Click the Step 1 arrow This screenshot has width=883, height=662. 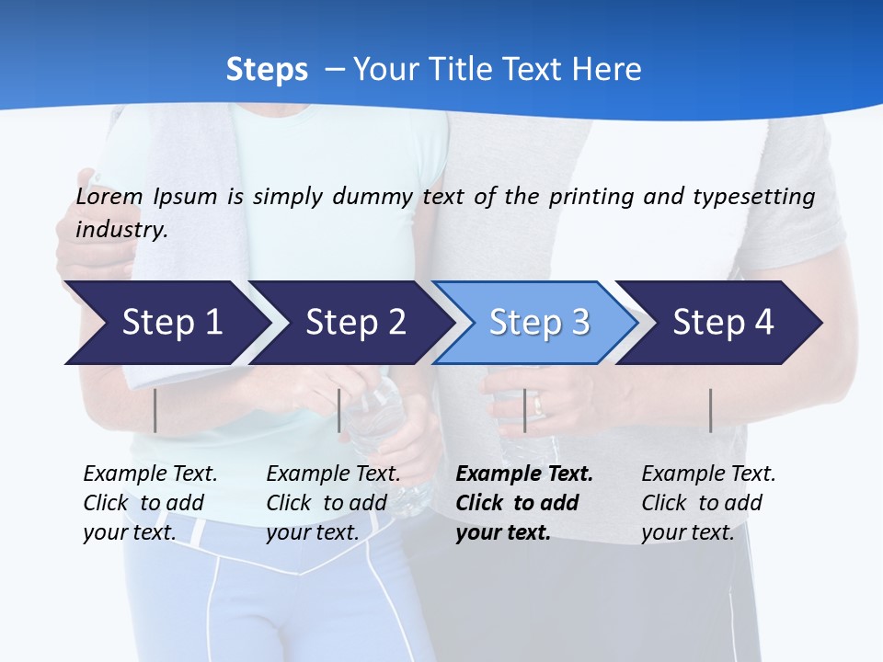click(x=171, y=323)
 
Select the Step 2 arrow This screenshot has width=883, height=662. click(x=355, y=323)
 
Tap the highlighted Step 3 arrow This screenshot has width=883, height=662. click(x=539, y=323)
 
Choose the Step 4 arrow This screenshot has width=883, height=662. click(x=723, y=323)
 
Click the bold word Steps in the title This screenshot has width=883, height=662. click(x=267, y=69)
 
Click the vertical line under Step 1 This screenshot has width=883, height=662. click(x=155, y=410)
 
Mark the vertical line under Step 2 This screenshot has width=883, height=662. click(x=339, y=410)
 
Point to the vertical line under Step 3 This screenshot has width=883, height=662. click(x=524, y=410)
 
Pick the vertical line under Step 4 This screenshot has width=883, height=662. click(x=710, y=410)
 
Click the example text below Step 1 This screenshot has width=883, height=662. click(x=150, y=503)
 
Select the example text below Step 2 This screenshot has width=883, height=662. click(x=333, y=503)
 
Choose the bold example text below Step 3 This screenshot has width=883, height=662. click(x=524, y=503)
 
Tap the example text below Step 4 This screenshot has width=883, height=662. click(x=708, y=503)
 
